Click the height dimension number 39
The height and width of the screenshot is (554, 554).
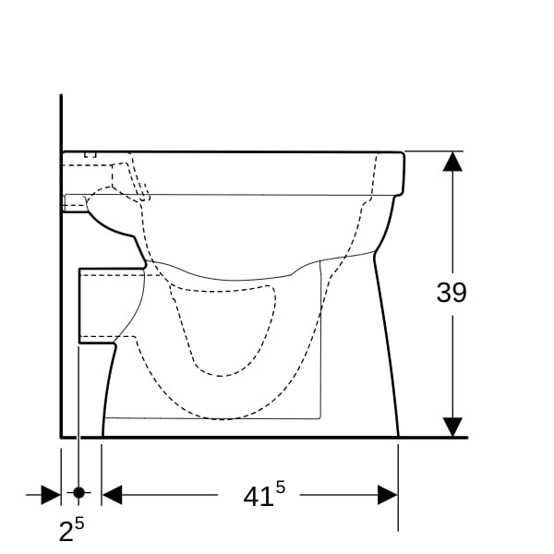452,293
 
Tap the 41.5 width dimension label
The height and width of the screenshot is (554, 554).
264,494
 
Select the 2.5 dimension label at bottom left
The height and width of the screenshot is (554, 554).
71,529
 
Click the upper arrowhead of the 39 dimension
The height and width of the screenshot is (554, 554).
452,162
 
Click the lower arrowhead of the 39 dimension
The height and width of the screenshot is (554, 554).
452,427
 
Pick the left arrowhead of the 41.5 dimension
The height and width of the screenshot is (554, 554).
112,495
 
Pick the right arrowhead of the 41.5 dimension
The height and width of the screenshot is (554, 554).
388,495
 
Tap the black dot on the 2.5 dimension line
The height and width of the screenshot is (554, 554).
78,492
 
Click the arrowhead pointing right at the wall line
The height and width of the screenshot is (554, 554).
51,495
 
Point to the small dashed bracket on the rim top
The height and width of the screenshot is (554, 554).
90,155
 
